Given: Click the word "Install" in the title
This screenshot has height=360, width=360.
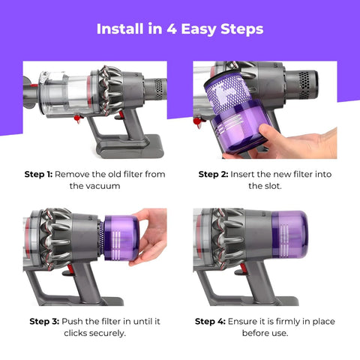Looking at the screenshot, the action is pyautogui.click(x=120, y=28).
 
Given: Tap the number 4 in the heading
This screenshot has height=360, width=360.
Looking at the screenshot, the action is pyautogui.click(x=172, y=29).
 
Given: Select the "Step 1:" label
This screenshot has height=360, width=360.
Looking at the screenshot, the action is pyautogui.click(x=38, y=174).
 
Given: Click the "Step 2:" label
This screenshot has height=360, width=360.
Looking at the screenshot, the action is pyautogui.click(x=213, y=174).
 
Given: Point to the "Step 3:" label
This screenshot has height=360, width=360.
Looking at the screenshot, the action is pyautogui.click(x=44, y=321).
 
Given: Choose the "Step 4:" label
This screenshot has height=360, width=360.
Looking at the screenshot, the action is pyautogui.click(x=210, y=321).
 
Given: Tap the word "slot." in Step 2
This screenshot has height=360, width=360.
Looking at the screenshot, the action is pyautogui.click(x=272, y=186).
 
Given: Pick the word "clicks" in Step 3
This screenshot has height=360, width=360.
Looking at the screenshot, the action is pyautogui.click(x=76, y=333).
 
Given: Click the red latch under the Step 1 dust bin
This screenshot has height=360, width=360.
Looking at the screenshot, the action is pyautogui.click(x=78, y=118).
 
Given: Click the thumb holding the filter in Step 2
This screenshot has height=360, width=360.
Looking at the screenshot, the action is pyautogui.click(x=268, y=134).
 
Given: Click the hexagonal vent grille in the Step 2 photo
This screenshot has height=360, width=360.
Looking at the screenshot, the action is pyautogui.click(x=304, y=85).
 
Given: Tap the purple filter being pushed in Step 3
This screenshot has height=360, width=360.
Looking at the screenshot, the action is pyautogui.click(x=121, y=238).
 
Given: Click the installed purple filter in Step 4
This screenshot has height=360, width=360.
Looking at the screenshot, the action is pyautogui.click(x=289, y=234).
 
